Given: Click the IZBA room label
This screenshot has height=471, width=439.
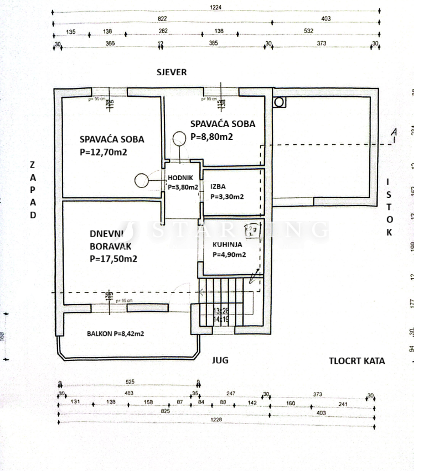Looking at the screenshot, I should [218, 187].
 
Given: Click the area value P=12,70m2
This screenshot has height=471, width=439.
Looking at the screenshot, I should [104, 152].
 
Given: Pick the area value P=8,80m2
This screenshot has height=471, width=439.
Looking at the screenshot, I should [211, 136].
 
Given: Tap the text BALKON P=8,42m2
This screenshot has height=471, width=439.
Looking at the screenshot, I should [116, 333].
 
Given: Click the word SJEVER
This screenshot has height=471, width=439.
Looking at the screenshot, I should [171, 72].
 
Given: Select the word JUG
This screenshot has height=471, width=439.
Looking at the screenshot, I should [220, 360].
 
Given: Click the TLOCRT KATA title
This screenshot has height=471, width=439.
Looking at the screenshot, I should [357, 361].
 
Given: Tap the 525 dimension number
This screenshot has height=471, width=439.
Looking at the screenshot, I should [131, 382].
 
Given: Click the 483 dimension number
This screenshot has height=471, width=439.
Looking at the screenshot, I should [128, 393].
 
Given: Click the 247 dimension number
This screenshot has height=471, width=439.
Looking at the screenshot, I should [231, 393].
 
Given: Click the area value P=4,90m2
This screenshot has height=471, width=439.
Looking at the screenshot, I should [229, 255].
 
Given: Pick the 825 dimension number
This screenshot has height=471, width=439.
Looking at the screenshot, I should [164, 411].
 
